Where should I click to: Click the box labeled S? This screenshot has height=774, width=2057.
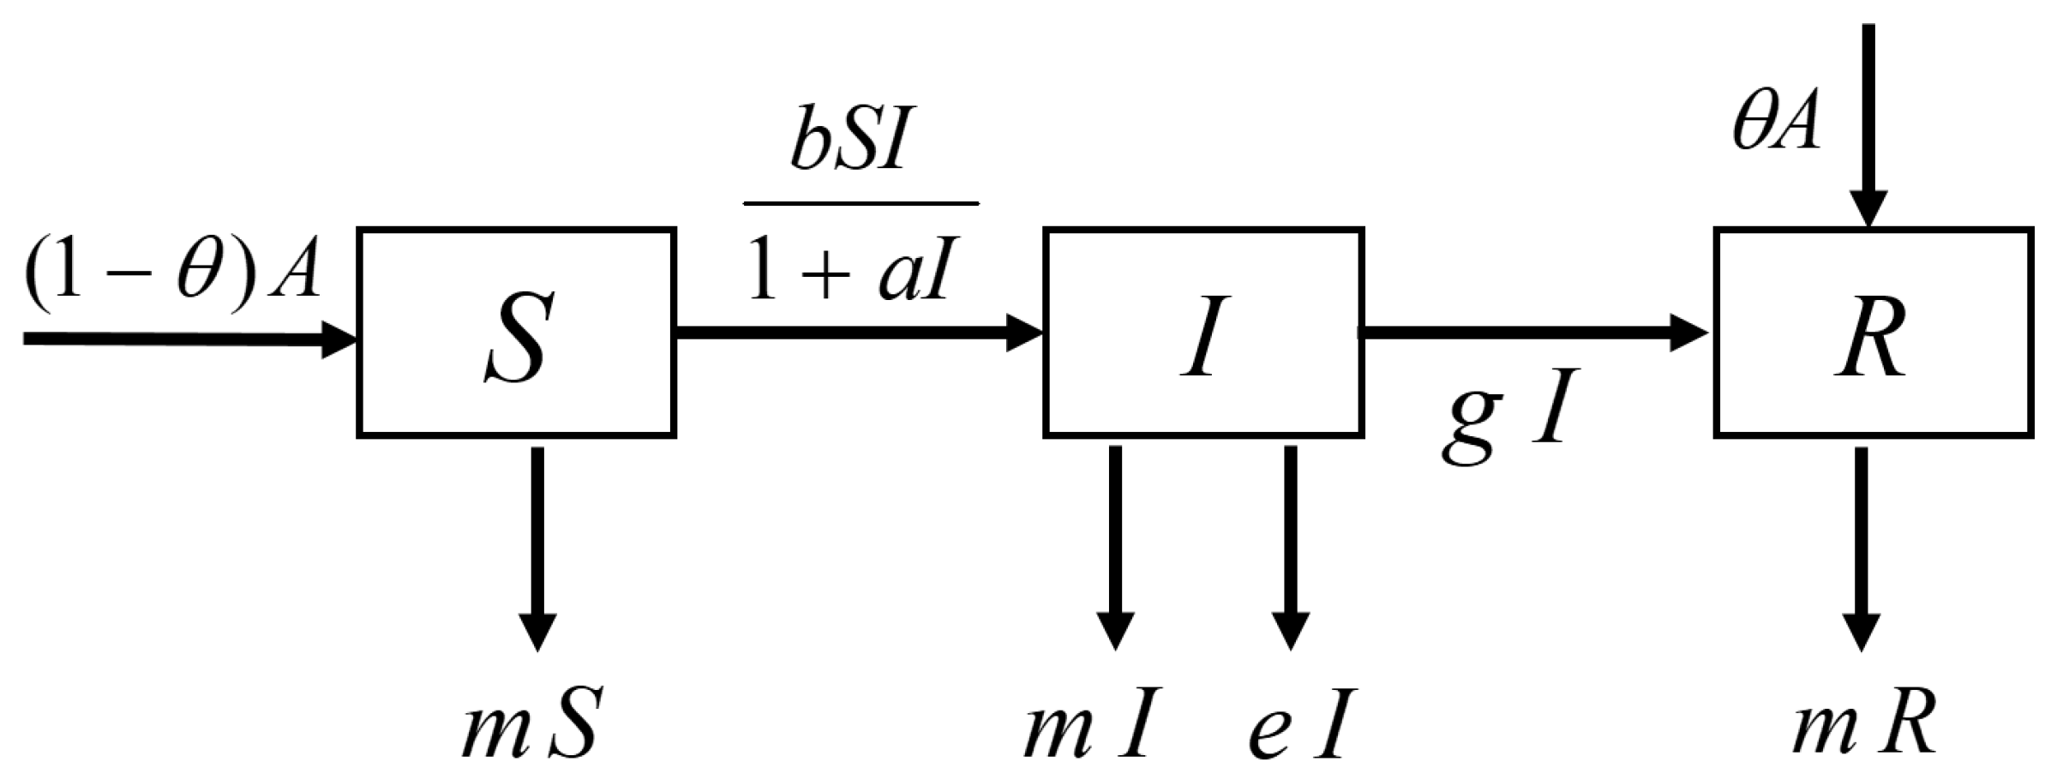(516, 333)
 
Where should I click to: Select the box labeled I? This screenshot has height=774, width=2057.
(1202, 333)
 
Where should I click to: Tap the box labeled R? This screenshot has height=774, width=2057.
(1873, 333)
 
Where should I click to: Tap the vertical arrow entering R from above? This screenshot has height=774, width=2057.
(1868, 129)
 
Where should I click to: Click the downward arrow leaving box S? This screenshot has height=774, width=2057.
(537, 549)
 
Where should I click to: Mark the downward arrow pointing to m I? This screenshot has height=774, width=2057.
(1115, 549)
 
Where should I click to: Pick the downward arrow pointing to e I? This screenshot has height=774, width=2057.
(1291, 549)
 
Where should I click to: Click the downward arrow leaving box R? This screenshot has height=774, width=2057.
(1862, 549)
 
